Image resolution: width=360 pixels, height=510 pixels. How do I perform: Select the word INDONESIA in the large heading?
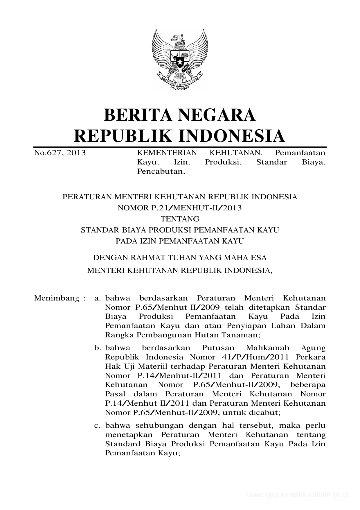tap(231, 136)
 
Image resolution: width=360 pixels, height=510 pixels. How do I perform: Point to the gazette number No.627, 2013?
tap(60, 153)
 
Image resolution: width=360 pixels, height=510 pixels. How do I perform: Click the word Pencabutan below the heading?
tap(161, 171)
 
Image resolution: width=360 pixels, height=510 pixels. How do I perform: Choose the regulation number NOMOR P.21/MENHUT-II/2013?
tap(180, 208)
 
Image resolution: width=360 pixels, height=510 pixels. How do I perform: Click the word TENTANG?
tap(180, 219)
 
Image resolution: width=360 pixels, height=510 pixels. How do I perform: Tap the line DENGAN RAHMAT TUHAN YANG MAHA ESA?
tap(180, 258)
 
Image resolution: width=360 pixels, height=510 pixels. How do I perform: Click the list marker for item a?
tap(97, 298)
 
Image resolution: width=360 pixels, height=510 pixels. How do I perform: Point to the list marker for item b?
tap(97, 348)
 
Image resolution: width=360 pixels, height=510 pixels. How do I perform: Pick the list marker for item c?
tap(97, 425)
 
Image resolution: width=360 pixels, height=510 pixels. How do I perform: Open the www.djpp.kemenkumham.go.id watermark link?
tap(298, 495)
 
